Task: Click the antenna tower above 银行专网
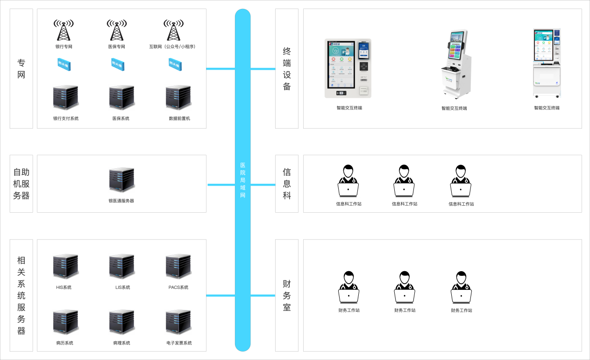(64, 30)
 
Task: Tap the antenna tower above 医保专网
(117, 30)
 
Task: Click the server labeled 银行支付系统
(65, 98)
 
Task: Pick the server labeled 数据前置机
(178, 98)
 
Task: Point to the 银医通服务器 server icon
(121, 180)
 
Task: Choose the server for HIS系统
(65, 266)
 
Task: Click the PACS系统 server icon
(178, 266)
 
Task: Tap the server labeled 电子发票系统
(178, 322)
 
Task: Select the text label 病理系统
(121, 343)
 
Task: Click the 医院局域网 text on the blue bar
(242, 180)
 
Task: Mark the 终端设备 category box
(287, 68)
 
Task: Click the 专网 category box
(21, 68)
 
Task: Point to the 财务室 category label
(287, 295)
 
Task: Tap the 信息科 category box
(287, 184)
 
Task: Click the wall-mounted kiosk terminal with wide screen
(348, 68)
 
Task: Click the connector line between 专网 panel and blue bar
(220, 69)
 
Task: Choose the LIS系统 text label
(122, 288)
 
